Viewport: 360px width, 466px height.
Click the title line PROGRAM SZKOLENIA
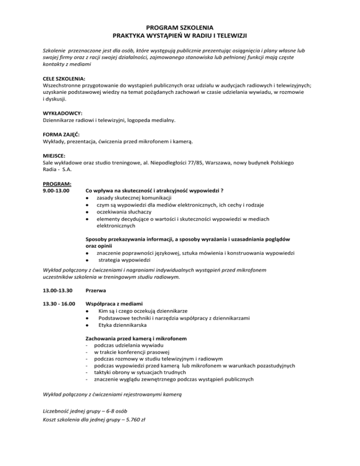(x=180, y=27)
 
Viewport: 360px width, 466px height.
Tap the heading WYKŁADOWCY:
(x=56, y=113)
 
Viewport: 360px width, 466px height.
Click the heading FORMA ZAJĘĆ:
(x=56, y=134)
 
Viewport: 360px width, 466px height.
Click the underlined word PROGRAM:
(x=53, y=183)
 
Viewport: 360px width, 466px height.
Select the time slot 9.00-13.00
(x=53, y=191)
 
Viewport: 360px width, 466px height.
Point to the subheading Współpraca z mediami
(x=115, y=304)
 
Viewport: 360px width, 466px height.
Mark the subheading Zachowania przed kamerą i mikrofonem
(x=136, y=338)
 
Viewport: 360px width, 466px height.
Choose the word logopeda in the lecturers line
(x=133, y=121)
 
